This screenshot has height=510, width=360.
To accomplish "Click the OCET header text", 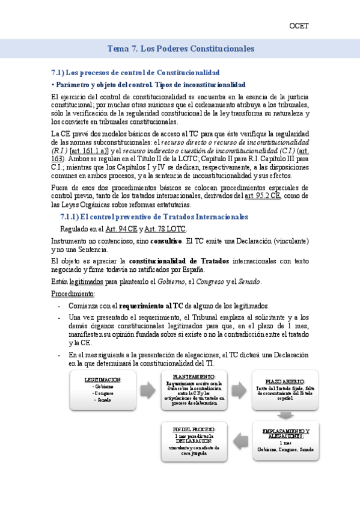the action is pos(299,26).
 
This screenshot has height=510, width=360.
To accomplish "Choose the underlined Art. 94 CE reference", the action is pos(121,229).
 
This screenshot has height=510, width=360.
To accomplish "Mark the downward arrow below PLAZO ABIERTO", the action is pos(279,414).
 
